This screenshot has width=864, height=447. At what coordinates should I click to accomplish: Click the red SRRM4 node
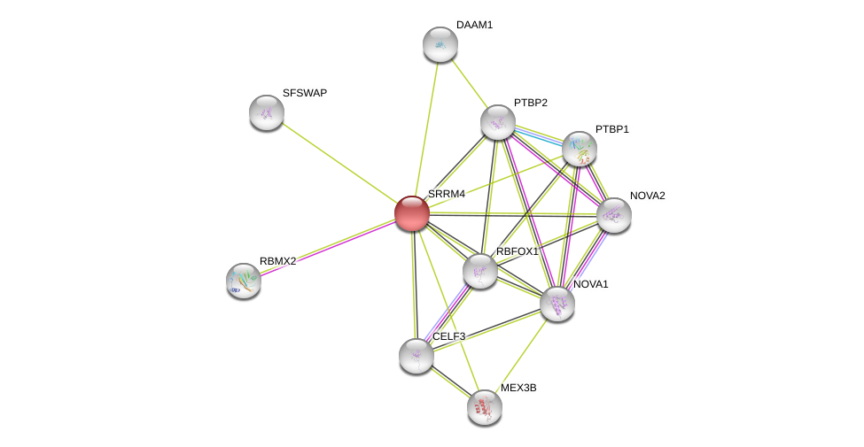tap(412, 213)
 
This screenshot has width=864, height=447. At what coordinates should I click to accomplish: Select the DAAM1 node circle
tap(440, 44)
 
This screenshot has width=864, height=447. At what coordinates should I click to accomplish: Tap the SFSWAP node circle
tap(267, 112)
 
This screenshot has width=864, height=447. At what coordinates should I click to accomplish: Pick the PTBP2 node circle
tap(498, 122)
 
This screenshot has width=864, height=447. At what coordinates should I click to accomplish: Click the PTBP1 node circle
tap(580, 149)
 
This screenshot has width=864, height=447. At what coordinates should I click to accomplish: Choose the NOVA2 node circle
tap(613, 215)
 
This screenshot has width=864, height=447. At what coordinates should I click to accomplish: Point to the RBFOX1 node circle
tap(480, 271)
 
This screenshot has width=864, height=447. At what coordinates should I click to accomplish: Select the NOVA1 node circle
tap(557, 304)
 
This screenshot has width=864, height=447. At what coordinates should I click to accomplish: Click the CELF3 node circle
tap(416, 356)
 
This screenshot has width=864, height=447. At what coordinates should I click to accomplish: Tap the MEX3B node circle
tap(485, 407)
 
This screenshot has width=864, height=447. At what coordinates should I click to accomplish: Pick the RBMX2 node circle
tap(244, 281)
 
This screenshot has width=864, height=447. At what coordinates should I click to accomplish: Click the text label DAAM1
tap(474, 25)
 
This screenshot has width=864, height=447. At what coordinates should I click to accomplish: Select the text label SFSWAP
tap(305, 93)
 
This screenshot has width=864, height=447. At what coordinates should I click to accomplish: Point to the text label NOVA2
tap(647, 196)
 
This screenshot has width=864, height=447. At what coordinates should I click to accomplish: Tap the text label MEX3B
tap(518, 388)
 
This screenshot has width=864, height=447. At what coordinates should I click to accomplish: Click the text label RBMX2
tap(278, 261)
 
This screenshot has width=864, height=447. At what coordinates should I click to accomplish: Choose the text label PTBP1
tap(611, 129)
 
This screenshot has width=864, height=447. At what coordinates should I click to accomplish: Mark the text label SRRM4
tap(447, 194)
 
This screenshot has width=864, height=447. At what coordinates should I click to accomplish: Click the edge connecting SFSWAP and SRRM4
tap(339, 163)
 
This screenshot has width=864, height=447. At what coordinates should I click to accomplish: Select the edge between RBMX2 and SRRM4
tap(328, 247)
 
